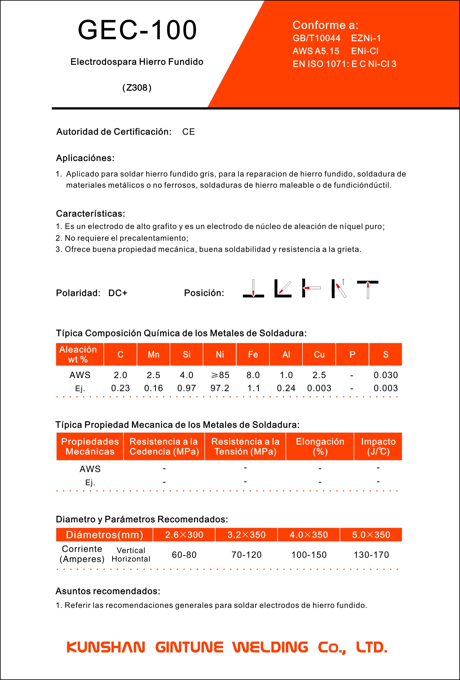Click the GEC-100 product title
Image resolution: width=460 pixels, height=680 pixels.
137,30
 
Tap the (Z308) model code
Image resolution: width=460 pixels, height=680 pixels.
137,88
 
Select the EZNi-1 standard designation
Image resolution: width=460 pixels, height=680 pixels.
366,38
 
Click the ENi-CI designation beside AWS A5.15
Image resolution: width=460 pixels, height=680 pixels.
365,51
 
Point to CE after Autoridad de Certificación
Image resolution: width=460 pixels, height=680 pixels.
188,132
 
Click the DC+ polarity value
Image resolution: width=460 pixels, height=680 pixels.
118,293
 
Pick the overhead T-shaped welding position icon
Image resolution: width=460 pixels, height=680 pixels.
368,289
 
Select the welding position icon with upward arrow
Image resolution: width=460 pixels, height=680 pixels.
339,289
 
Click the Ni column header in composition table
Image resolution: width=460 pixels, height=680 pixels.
220,354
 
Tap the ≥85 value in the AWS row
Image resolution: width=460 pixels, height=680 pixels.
220,375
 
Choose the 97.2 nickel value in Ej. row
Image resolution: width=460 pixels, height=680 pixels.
220,388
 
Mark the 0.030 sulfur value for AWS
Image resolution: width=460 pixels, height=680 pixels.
385,375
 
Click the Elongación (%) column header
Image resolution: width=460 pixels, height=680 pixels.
320,446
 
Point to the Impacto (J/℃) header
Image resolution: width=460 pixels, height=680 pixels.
378,446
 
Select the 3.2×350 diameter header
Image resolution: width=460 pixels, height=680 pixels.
246,535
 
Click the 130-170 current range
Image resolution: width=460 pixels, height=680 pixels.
371,555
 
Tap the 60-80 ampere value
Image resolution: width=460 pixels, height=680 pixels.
184,555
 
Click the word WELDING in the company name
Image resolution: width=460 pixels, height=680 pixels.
270,647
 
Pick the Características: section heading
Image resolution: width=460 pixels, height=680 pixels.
90,214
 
